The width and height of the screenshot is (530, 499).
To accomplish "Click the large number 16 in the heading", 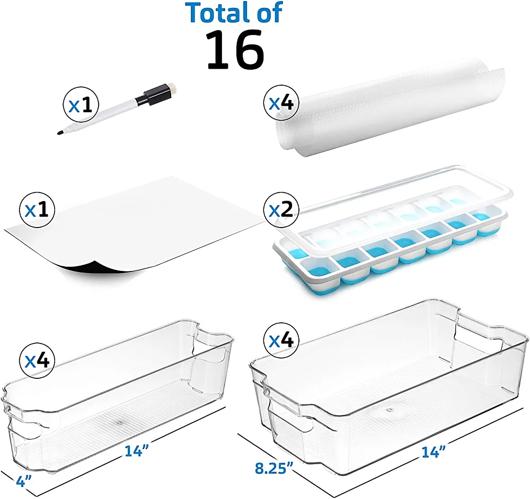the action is click(235, 50).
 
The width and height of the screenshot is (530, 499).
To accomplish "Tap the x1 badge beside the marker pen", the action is click(81, 105).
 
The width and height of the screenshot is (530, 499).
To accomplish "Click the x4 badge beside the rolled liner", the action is click(281, 103).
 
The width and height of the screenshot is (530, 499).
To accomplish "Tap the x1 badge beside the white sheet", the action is click(37, 211).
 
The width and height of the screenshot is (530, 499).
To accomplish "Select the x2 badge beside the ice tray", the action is click(281, 210).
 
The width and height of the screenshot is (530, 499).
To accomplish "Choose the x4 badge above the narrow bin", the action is click(37, 361).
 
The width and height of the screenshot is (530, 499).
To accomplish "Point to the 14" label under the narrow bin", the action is click(137, 451).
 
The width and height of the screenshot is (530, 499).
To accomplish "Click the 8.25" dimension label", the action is click(274, 469).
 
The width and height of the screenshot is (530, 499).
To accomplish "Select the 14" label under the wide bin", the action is click(434, 452).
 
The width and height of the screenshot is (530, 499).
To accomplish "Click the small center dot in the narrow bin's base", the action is click(119, 422).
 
